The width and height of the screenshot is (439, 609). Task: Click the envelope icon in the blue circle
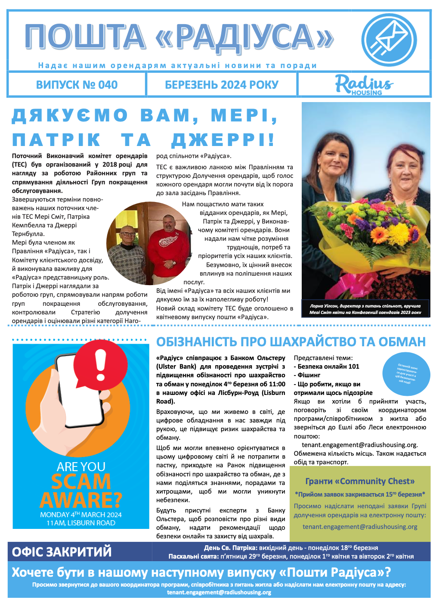(390, 37)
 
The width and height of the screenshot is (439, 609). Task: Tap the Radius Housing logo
(364, 84)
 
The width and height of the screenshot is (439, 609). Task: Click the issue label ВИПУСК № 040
(77, 85)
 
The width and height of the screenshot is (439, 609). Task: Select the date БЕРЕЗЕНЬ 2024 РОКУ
(222, 85)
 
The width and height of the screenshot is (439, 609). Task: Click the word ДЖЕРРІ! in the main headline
(223, 140)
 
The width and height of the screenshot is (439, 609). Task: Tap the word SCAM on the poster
(81, 482)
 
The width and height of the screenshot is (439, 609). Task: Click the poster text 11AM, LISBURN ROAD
(81, 523)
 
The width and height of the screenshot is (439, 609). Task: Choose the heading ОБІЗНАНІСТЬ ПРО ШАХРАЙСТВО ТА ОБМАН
(291, 342)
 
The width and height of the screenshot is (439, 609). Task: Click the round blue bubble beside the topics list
(406, 373)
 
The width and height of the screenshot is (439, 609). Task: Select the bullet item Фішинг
(308, 375)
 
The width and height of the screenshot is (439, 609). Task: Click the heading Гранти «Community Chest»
(360, 481)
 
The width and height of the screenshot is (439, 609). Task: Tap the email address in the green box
(360, 526)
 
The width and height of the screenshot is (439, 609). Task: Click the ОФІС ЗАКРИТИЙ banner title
(62, 552)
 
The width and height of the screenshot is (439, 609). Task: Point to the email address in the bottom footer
(219, 592)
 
